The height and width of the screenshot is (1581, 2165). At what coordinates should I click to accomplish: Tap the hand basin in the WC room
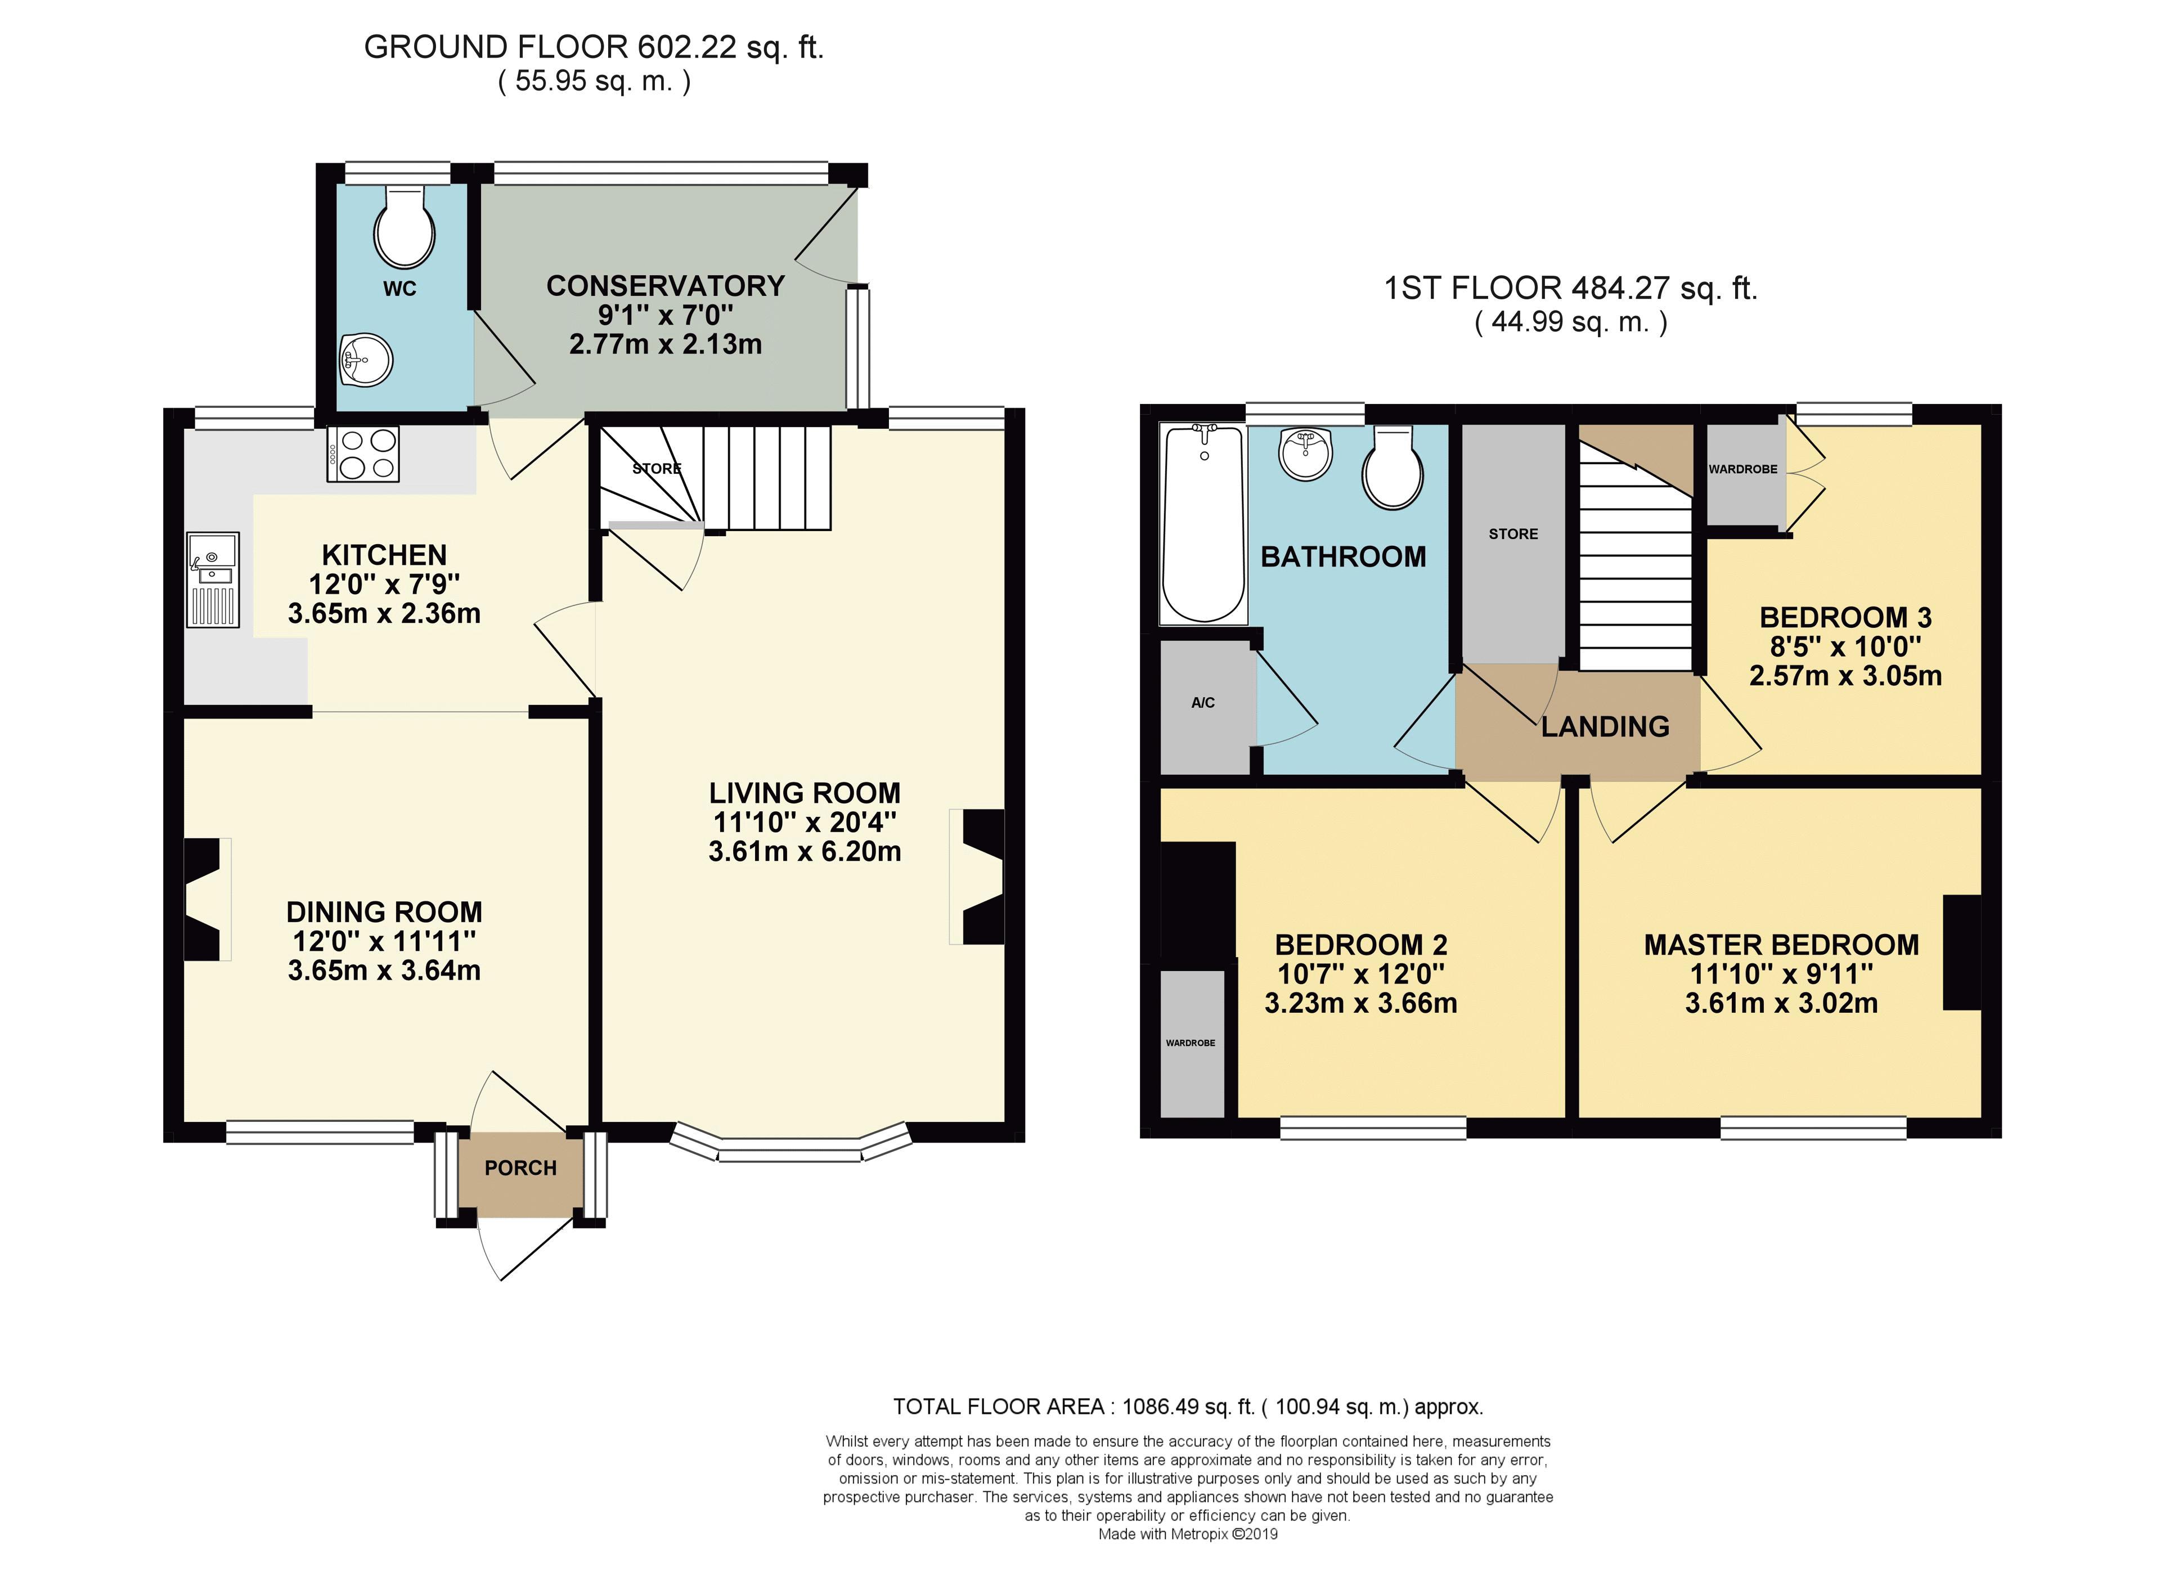(365, 360)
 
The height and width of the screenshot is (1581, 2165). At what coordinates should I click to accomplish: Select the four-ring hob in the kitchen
(363, 453)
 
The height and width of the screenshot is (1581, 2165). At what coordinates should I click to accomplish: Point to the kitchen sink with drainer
(213, 580)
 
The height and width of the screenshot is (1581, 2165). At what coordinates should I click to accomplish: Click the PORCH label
(520, 1169)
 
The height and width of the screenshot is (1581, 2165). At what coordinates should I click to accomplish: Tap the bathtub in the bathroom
(1202, 523)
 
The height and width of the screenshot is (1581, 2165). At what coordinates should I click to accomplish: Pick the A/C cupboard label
(1203, 703)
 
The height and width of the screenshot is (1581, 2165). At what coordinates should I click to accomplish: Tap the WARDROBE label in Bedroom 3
(1743, 469)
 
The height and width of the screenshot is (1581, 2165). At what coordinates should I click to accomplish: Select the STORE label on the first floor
(1513, 534)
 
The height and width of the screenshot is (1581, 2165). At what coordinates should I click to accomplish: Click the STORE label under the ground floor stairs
(657, 469)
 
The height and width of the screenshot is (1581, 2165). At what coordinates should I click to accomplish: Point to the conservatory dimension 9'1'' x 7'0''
(665, 315)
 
